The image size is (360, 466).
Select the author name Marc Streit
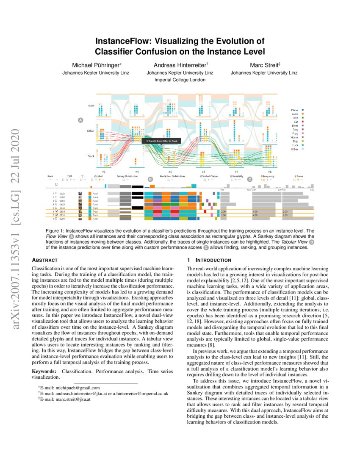[264, 65]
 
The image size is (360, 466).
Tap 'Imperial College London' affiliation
[180, 80]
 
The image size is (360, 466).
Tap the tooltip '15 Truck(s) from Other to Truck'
[162, 141]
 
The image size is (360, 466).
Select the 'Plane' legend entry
[294, 110]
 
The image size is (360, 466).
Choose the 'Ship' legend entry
[295, 141]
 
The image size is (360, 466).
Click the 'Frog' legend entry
[294, 133]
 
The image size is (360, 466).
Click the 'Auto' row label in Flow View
[91, 105]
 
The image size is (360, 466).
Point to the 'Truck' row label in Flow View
[91, 156]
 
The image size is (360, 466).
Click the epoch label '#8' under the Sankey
[269, 172]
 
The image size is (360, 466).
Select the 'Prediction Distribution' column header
[172, 175]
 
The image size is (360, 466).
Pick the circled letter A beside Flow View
[80, 121]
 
